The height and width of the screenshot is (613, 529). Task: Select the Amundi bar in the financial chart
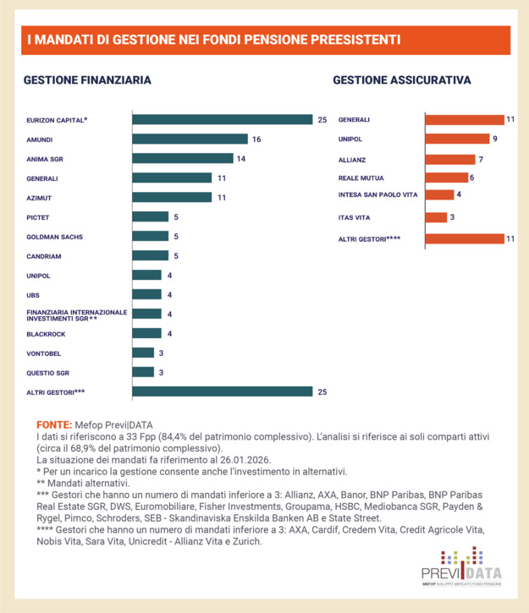[190, 139]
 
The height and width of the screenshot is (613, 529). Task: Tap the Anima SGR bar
[182, 158]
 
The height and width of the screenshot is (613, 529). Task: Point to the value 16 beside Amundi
[256, 139]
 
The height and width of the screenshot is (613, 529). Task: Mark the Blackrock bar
[146, 333]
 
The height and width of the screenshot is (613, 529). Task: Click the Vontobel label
[44, 353]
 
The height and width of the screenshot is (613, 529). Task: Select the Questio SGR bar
[143, 372]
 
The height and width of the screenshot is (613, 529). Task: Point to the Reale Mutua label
[361, 178]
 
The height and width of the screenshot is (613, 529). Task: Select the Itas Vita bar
[436, 218]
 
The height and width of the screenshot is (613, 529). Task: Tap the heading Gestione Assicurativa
[402, 80]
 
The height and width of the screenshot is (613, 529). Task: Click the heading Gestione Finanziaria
[87, 80]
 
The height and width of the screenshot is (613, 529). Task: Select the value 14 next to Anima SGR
[241, 158]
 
